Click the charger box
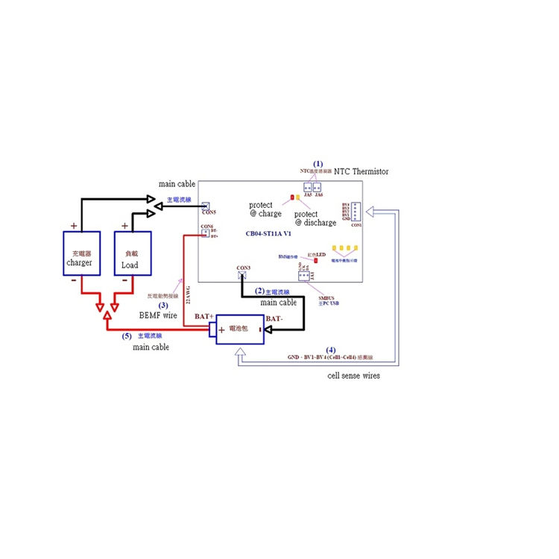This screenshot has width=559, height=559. (x=79, y=253)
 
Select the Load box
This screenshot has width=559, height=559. (x=132, y=253)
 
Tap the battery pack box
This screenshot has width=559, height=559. (x=239, y=329)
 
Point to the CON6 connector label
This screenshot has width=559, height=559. (x=206, y=227)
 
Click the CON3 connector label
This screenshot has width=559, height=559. (x=243, y=268)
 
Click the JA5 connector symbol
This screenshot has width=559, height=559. (x=307, y=187)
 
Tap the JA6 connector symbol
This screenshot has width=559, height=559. (x=318, y=187)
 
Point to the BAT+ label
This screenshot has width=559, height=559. (x=203, y=317)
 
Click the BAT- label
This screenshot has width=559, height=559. (x=274, y=319)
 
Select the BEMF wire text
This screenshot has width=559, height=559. (x=157, y=315)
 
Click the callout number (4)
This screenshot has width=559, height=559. (x=330, y=350)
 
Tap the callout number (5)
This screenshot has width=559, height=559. (x=127, y=336)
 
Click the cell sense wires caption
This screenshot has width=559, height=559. (x=353, y=376)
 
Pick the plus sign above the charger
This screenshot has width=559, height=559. (x=73, y=225)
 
